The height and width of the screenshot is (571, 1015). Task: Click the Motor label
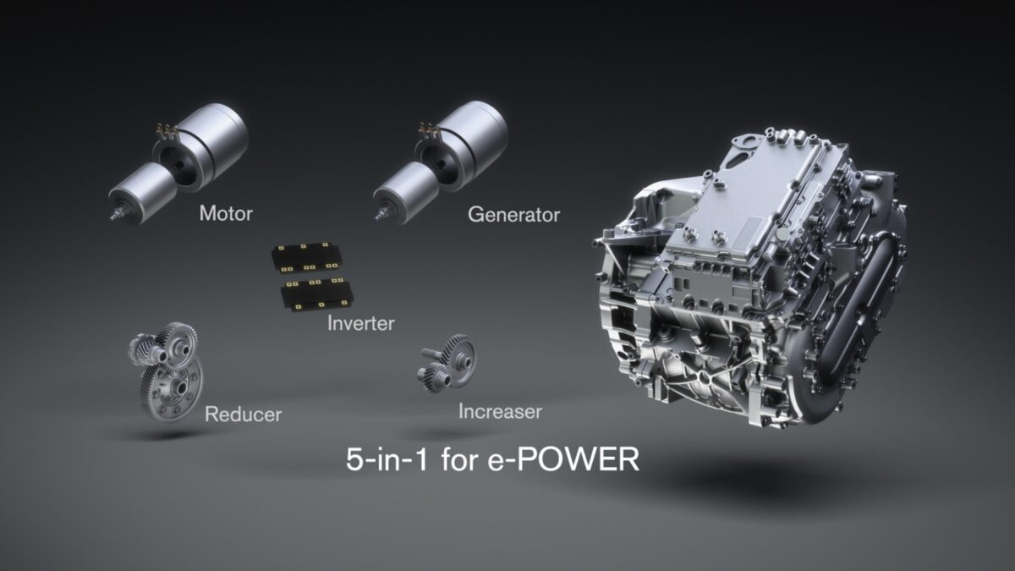[226, 213]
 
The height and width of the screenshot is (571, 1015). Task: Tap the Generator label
[514, 215]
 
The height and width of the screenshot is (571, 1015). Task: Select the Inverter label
[360, 323]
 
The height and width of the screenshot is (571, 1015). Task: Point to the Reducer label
[243, 415]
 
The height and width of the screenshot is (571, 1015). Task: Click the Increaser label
[500, 411]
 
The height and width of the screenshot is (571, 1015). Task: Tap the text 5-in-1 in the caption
[387, 459]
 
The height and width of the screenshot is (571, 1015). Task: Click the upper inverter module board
[307, 258]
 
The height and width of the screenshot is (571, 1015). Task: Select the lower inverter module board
[316, 294]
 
